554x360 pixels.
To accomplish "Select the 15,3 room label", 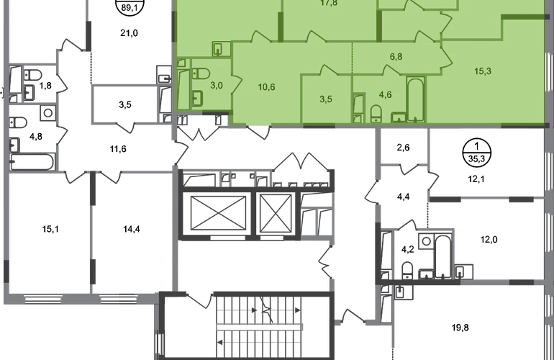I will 483,70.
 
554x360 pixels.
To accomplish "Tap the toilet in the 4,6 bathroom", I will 376,112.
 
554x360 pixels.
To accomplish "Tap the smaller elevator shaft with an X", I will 274,210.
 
